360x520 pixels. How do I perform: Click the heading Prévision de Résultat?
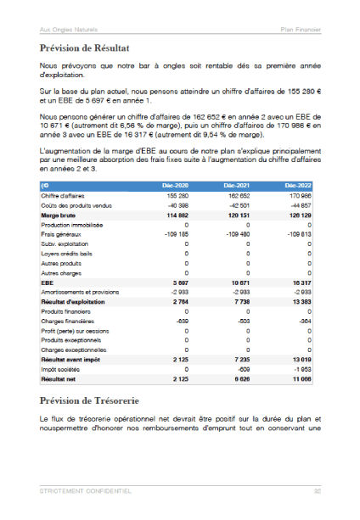89,49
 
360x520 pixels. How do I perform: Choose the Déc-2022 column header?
296,184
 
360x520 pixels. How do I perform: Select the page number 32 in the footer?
317,490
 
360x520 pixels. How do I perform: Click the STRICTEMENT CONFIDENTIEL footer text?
86,490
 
